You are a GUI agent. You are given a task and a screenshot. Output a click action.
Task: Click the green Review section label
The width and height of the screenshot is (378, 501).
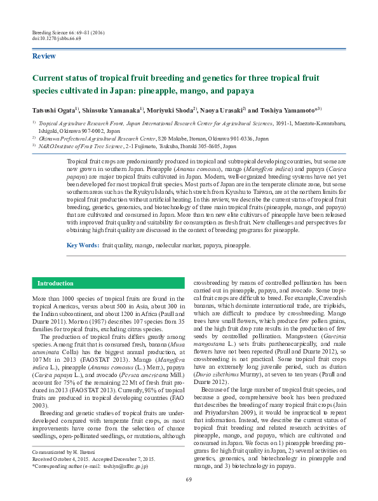[x=43, y=57]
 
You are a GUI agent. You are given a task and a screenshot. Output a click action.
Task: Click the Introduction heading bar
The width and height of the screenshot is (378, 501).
[x=55, y=283]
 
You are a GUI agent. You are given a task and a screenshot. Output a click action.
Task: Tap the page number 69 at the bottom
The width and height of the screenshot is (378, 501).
[x=189, y=479]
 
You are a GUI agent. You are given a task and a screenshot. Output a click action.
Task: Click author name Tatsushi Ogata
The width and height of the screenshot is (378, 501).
[x=54, y=109]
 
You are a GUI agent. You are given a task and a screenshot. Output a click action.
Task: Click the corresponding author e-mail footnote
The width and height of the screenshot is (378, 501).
[x=91, y=466]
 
